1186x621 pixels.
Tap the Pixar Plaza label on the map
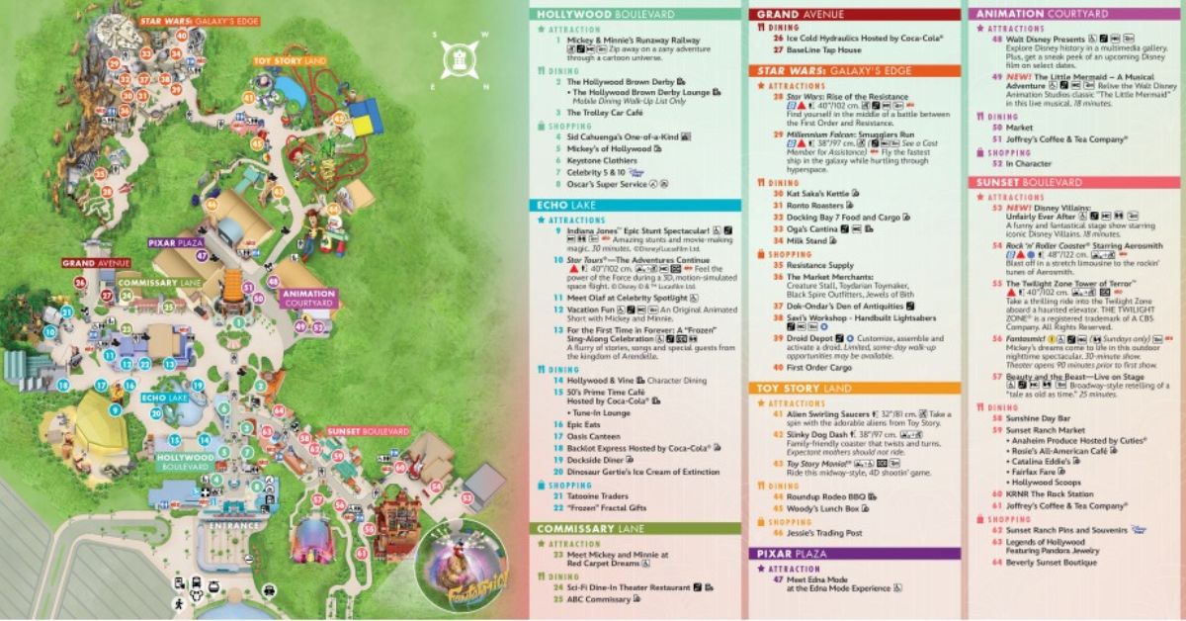pos(175,242)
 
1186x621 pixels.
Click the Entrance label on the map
pos(233,526)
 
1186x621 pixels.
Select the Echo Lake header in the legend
pos(566,204)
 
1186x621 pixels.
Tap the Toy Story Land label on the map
pos(289,61)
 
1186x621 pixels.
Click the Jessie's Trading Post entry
pos(827,533)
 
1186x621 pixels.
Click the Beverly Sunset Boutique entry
pos(1052,562)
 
